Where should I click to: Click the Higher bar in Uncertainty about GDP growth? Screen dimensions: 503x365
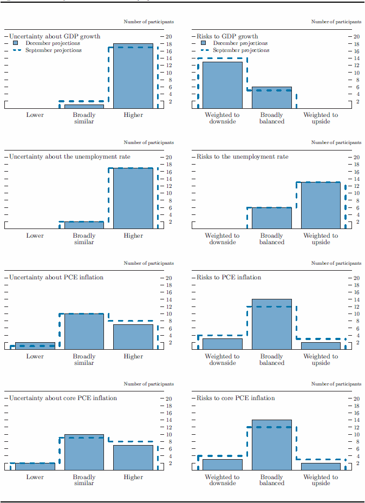click(x=133, y=76)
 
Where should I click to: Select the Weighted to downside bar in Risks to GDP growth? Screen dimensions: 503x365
click(x=222, y=86)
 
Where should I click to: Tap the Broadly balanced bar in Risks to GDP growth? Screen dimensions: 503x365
click(x=271, y=98)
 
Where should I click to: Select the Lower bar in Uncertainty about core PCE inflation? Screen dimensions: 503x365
click(x=35, y=467)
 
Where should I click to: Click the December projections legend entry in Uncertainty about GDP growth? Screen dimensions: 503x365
click(x=53, y=43)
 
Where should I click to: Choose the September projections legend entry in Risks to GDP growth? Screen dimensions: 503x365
click(x=240, y=50)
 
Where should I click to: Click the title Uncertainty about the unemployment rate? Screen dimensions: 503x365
click(x=69, y=157)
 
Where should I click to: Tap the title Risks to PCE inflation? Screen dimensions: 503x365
click(x=229, y=278)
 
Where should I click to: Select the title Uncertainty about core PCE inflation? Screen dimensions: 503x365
click(x=63, y=399)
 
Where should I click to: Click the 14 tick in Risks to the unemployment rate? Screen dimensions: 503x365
click(x=355, y=179)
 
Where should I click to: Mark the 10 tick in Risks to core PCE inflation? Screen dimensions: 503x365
click(x=355, y=435)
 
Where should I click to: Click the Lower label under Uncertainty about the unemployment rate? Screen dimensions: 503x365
click(x=35, y=236)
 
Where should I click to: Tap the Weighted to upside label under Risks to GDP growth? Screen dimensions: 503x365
click(x=321, y=118)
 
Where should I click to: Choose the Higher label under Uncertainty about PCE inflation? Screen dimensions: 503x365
click(x=133, y=357)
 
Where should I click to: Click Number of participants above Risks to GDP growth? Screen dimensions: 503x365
click(x=336, y=22)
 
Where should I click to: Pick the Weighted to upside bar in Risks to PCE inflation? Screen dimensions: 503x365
click(x=321, y=345)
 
